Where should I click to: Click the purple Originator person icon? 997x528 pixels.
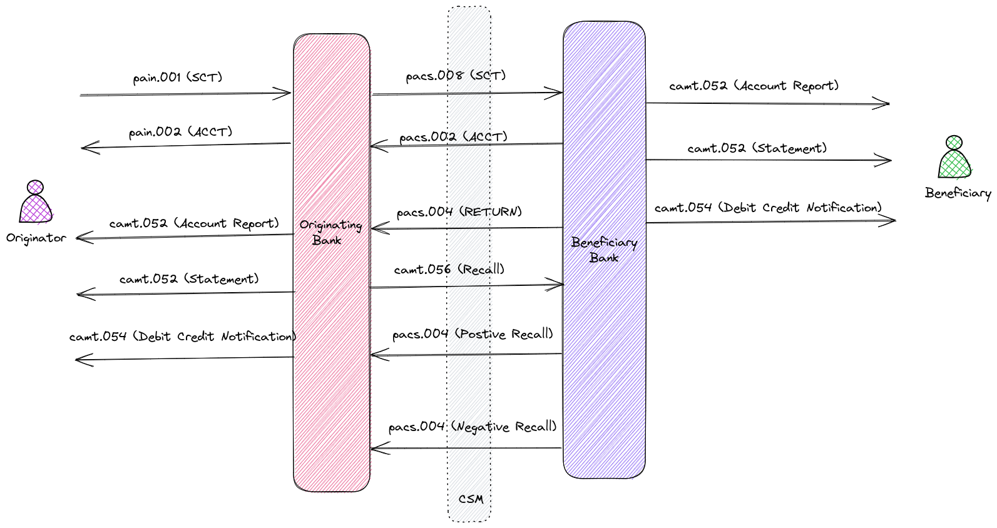pyautogui.click(x=36, y=203)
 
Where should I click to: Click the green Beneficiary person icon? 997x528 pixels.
pyautogui.click(x=954, y=158)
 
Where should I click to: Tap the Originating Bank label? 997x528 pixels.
pyautogui.click(x=330, y=232)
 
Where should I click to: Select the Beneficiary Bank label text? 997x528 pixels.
pyautogui.click(x=604, y=250)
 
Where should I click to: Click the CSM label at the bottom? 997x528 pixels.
pyautogui.click(x=471, y=499)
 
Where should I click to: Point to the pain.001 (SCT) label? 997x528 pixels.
pyautogui.click(x=178, y=78)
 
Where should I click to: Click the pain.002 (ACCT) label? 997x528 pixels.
pyautogui.click(x=180, y=132)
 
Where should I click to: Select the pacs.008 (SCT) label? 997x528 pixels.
pyautogui.click(x=456, y=76)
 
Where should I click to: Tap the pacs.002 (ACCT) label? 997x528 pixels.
pyautogui.click(x=453, y=136)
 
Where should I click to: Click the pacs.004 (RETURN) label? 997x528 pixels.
pyautogui.click(x=459, y=211)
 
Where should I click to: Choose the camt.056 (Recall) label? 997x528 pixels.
pyautogui.click(x=449, y=270)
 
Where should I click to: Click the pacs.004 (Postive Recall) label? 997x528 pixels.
pyautogui.click(x=473, y=334)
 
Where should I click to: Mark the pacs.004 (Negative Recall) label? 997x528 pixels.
pyautogui.click(x=472, y=427)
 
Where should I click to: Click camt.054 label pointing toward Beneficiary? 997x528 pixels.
pyautogui.click(x=768, y=207)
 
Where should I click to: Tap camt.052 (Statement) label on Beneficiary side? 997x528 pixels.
pyautogui.click(x=757, y=148)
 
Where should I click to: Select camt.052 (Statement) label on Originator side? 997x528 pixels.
pyautogui.click(x=189, y=279)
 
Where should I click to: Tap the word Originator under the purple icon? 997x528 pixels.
pyautogui.click(x=36, y=238)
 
